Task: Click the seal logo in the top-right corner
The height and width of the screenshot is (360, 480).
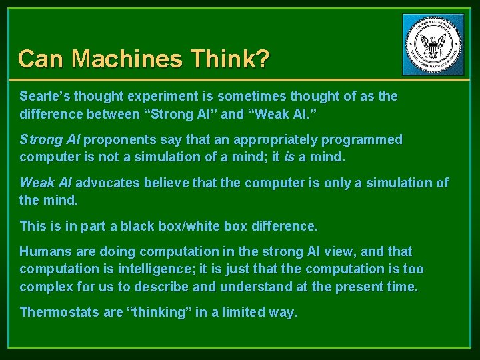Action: click(433, 45)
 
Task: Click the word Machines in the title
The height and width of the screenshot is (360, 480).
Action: click(127, 59)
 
